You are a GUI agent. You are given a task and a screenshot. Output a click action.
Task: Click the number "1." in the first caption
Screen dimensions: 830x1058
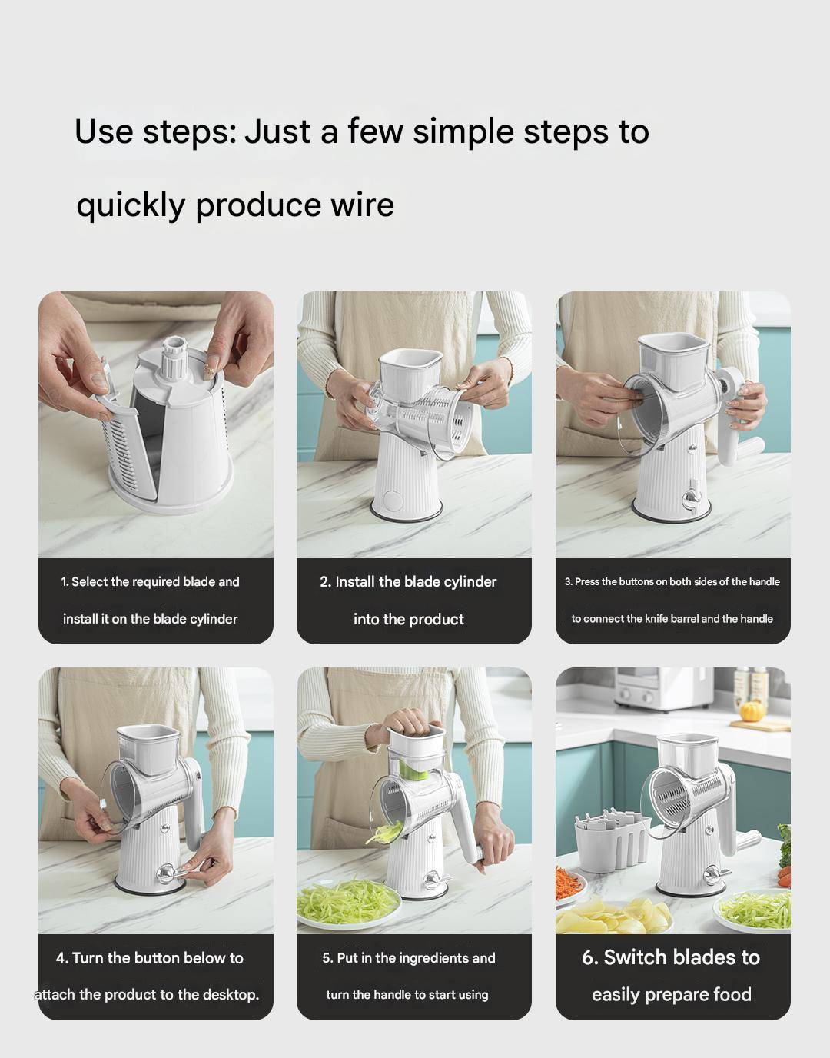tap(65, 582)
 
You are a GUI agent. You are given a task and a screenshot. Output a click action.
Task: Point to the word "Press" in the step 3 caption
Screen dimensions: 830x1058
tap(586, 582)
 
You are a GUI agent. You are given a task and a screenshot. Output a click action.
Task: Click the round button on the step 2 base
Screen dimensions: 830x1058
tap(392, 501)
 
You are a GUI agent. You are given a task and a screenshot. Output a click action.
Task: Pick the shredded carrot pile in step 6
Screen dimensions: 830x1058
tap(568, 882)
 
